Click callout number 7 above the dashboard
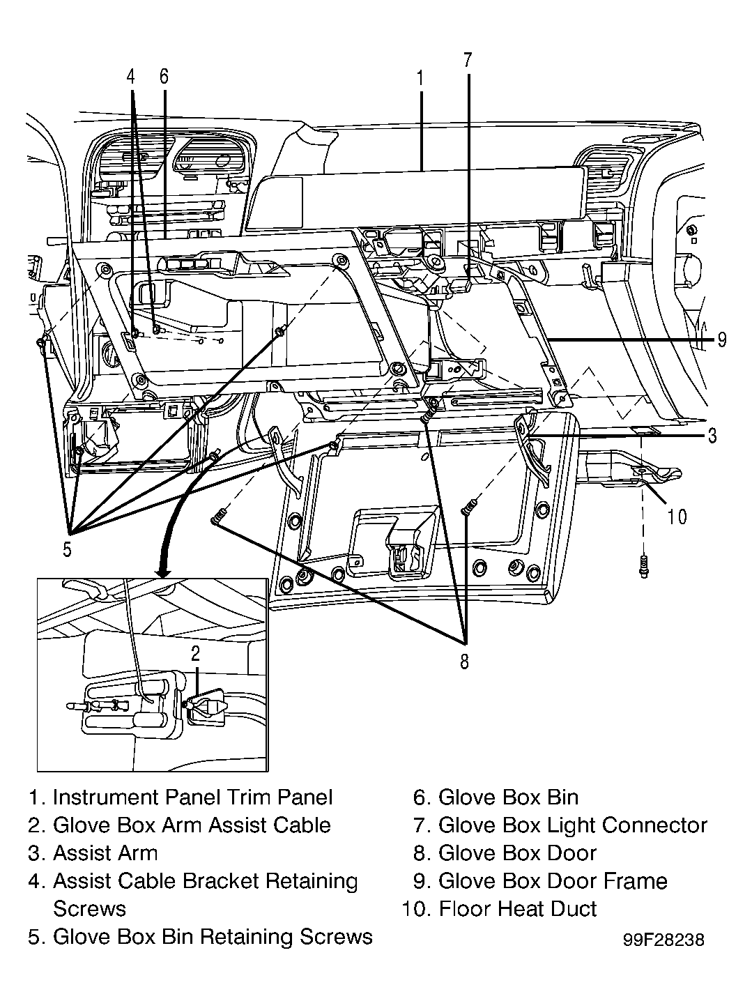(x=468, y=61)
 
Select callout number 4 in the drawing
(x=131, y=77)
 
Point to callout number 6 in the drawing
(x=164, y=76)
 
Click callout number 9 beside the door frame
(x=722, y=339)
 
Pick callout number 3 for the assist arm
(x=712, y=436)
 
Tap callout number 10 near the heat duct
(x=677, y=517)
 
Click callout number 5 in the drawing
(x=67, y=549)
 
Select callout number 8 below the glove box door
(x=464, y=662)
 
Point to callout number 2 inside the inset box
(x=196, y=654)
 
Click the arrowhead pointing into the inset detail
(x=162, y=573)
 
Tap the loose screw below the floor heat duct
(x=643, y=567)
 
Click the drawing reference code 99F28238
(x=663, y=940)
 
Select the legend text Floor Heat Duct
(x=517, y=909)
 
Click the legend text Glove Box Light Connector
(x=572, y=825)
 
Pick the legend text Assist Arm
(x=105, y=853)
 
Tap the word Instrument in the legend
(x=106, y=797)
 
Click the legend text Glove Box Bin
(x=508, y=797)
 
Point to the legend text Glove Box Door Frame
(x=553, y=881)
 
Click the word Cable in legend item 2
(x=302, y=825)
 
